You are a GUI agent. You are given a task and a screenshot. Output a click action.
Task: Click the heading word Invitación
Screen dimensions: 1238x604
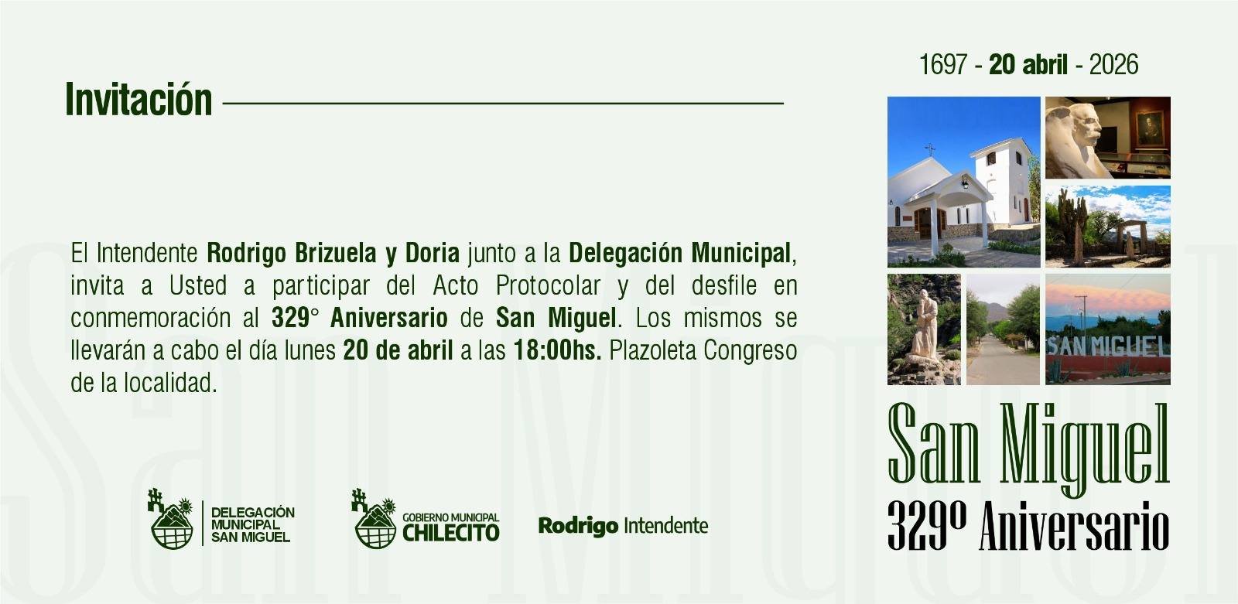(x=139, y=100)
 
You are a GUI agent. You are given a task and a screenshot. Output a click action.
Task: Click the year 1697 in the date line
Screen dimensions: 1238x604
(x=943, y=65)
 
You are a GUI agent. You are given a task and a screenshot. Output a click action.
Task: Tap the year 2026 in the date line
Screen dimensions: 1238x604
(x=1113, y=65)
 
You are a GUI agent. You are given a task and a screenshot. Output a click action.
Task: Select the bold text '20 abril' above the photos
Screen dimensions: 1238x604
(x=1028, y=65)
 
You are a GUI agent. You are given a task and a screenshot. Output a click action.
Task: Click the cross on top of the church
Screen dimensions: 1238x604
(x=930, y=149)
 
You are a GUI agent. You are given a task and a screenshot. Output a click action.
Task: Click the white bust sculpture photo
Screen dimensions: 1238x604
(x=1107, y=138)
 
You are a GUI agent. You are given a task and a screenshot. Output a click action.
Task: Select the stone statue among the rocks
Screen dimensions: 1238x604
(x=924, y=326)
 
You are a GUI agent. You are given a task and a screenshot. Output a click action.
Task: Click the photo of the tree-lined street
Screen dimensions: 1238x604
(x=1003, y=329)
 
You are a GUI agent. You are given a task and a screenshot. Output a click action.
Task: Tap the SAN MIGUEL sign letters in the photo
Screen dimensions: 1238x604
(x=1108, y=346)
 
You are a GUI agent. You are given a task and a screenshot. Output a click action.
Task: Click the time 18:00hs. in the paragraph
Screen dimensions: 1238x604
(x=558, y=350)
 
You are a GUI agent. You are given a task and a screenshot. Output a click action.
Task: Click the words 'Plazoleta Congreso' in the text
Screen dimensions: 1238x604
(x=703, y=350)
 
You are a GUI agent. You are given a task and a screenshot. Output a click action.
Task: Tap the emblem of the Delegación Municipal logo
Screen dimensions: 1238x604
(x=171, y=519)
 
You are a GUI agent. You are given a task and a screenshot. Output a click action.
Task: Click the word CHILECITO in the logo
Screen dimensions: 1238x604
(x=450, y=533)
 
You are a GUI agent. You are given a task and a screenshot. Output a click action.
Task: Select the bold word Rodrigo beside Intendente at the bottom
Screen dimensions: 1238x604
(x=578, y=526)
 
